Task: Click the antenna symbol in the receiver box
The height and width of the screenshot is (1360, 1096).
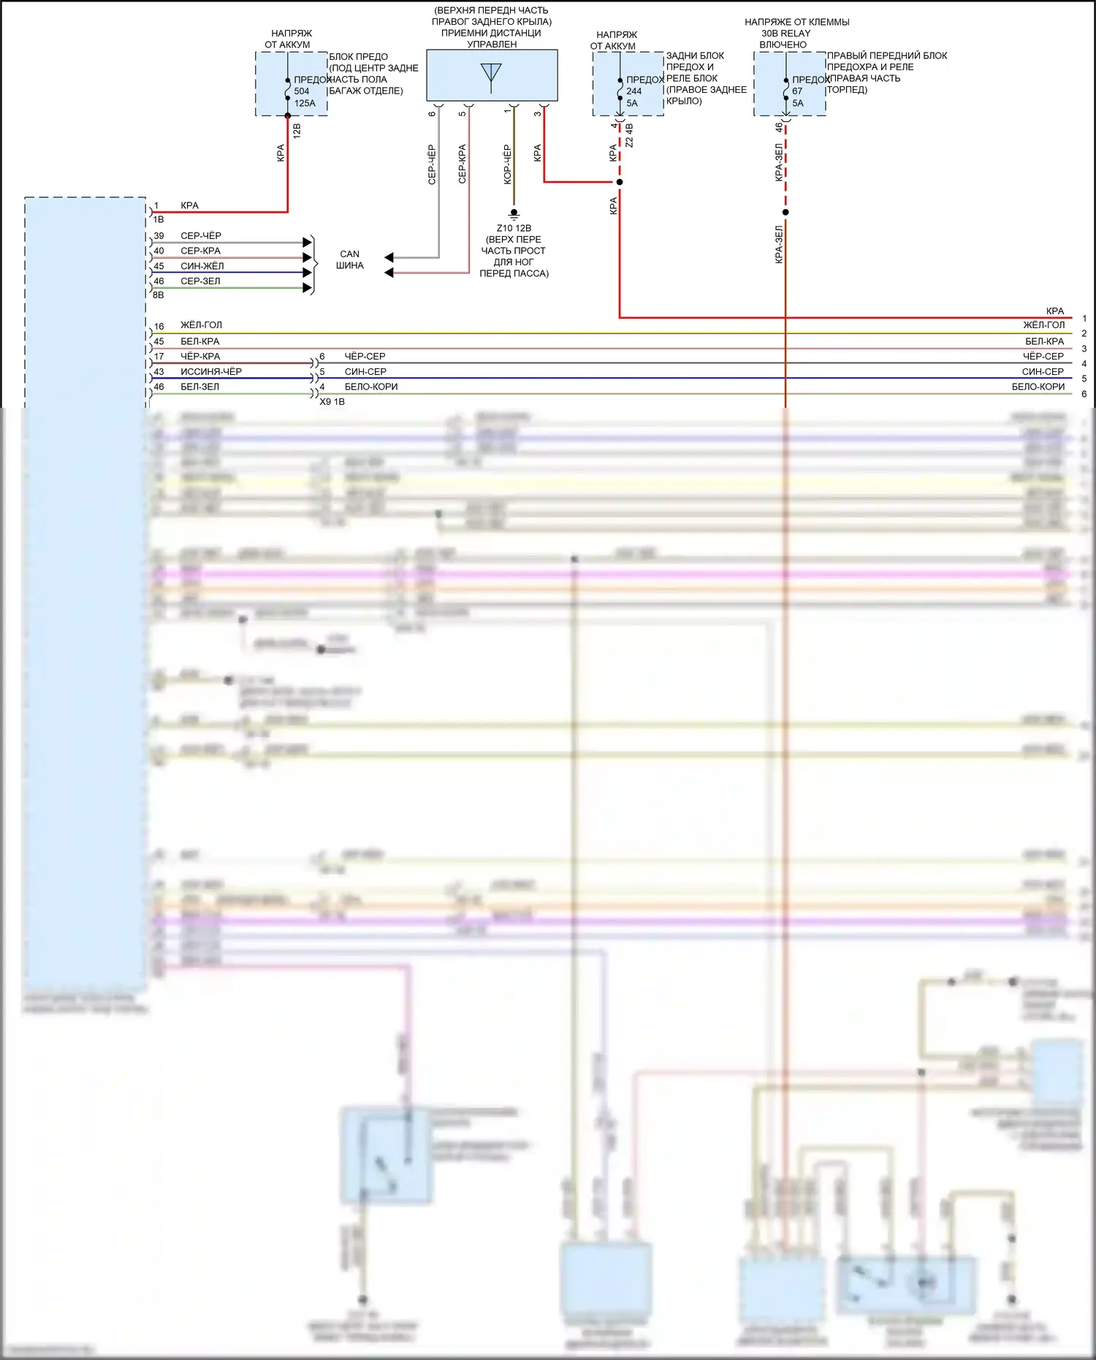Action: [491, 75]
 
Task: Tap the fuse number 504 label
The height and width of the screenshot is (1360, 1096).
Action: [302, 91]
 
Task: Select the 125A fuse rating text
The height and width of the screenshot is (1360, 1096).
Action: [305, 103]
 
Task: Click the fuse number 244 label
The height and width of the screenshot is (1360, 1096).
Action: [633, 91]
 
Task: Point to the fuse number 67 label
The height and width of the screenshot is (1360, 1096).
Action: [797, 91]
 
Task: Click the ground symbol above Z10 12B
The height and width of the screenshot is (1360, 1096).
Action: [514, 214]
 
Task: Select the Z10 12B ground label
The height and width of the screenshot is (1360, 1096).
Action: [514, 228]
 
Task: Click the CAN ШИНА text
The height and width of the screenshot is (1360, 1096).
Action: [349, 259]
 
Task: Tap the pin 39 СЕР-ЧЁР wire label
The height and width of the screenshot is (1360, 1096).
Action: [201, 236]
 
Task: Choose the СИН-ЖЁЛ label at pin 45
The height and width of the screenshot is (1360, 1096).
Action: [202, 266]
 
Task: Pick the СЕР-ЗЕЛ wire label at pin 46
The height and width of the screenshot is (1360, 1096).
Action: [200, 281]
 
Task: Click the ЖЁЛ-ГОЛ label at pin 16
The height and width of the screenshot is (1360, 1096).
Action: [201, 325]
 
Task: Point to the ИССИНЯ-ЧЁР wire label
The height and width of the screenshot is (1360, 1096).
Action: [211, 371]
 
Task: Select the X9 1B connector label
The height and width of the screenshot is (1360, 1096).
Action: [332, 401]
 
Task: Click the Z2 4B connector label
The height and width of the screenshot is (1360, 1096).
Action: [630, 135]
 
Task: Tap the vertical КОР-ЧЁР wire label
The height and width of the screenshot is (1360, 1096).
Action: [507, 164]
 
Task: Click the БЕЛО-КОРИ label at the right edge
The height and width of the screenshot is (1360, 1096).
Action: [1038, 387]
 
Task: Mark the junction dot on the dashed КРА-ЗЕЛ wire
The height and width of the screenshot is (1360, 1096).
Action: [785, 213]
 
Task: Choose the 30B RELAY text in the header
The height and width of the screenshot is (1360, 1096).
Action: [785, 33]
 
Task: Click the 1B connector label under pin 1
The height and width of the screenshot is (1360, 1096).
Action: [159, 219]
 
